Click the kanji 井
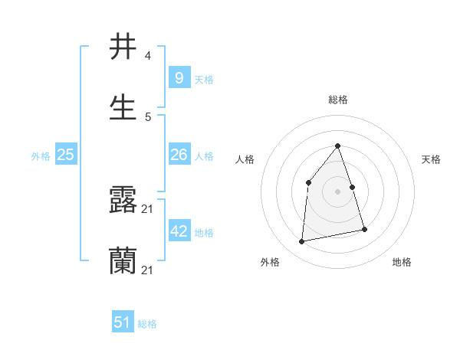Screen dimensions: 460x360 pyautogui.click(x=123, y=47)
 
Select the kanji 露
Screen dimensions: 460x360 pyautogui.click(x=123, y=200)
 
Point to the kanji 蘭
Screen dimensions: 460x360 pyautogui.click(x=123, y=260)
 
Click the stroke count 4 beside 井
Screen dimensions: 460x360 pyautogui.click(x=147, y=56)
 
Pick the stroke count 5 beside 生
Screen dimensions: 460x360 pyautogui.click(x=147, y=116)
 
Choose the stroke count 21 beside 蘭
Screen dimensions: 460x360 pyautogui.click(x=148, y=270)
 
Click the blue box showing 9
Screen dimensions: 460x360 pyautogui.click(x=179, y=77)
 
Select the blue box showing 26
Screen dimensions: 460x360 pyautogui.click(x=179, y=155)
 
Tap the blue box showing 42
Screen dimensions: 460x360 pyautogui.click(x=179, y=231)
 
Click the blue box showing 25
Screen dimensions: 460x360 pyautogui.click(x=66, y=155)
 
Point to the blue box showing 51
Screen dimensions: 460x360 pyautogui.click(x=123, y=322)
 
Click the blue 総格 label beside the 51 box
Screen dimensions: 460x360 pyautogui.click(x=147, y=324)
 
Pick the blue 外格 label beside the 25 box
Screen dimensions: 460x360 pyautogui.click(x=41, y=156)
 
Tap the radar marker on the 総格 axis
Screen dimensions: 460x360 pyautogui.click(x=337, y=146)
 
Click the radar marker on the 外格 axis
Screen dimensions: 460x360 pyautogui.click(x=302, y=241)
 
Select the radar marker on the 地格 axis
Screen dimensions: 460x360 pyautogui.click(x=364, y=229)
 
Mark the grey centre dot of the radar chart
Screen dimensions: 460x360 pyautogui.click(x=337, y=191)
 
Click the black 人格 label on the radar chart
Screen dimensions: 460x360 pyautogui.click(x=245, y=159)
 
